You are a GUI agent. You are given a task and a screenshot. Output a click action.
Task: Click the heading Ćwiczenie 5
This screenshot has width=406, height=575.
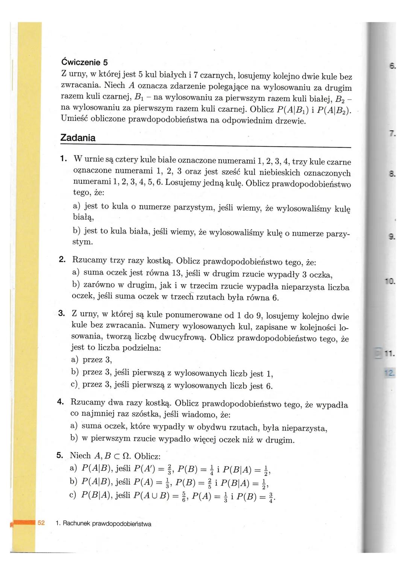[84, 62]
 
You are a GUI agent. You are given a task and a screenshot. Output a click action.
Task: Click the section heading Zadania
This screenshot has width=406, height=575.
[78, 138]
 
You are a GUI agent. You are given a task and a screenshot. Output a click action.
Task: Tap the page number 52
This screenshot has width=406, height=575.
[41, 523]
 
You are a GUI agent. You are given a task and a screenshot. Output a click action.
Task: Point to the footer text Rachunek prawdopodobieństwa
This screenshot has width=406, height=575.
[107, 523]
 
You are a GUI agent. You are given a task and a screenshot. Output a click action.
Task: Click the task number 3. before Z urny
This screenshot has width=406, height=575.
[62, 313]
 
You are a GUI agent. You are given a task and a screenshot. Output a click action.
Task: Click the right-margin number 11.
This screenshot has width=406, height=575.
[389, 354]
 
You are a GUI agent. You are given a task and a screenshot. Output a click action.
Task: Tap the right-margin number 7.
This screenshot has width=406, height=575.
[392, 133]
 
